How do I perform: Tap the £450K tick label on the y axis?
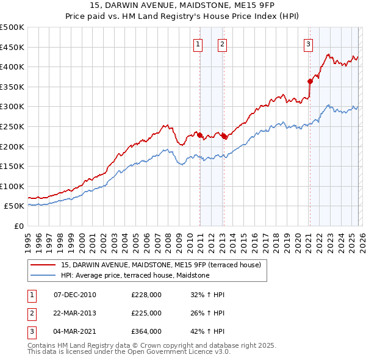[12, 47]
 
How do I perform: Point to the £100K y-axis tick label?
[12, 186]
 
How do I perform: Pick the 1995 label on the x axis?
[28, 239]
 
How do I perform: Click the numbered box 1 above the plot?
[199, 44]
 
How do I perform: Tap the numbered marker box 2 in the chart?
[222, 44]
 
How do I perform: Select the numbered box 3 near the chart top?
[309, 44]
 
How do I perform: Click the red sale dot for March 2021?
[310, 81]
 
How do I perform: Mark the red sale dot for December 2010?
[199, 135]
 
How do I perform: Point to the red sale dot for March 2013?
[224, 136]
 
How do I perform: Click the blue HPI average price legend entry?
[135, 276]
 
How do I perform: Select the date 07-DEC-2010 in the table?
[75, 295]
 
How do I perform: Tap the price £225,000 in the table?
[146, 313]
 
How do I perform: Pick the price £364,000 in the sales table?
[146, 331]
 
